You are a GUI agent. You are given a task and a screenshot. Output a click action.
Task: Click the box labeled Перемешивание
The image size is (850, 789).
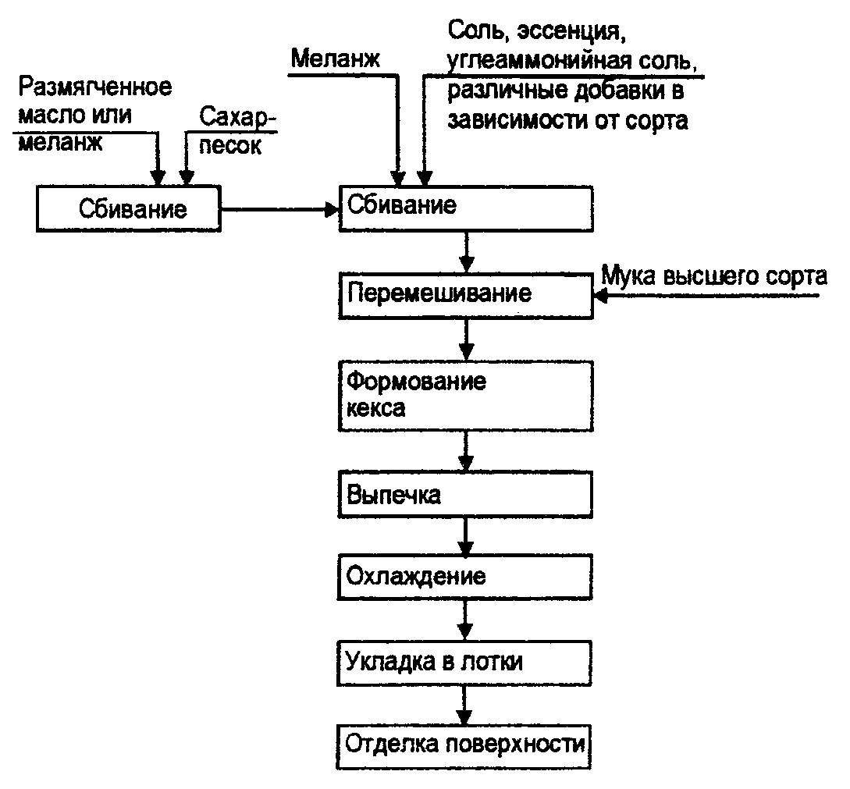465,293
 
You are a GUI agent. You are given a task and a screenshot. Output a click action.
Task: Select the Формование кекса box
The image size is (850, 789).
465,395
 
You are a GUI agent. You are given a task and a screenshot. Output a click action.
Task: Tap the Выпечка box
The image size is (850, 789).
465,495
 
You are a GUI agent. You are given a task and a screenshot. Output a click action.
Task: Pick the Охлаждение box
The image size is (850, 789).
465,578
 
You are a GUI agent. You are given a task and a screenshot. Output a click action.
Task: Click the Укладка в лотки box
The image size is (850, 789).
465,660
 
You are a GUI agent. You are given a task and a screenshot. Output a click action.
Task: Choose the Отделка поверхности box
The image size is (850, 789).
465,742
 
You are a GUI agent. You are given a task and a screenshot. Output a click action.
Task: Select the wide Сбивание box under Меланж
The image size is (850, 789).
465,208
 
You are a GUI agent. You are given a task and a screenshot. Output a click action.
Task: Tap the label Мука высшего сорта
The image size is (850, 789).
713,276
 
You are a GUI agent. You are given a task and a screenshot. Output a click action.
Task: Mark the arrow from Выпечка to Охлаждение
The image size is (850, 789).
466,537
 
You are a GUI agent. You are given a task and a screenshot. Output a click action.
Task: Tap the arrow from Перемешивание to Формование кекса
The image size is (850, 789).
466,336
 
